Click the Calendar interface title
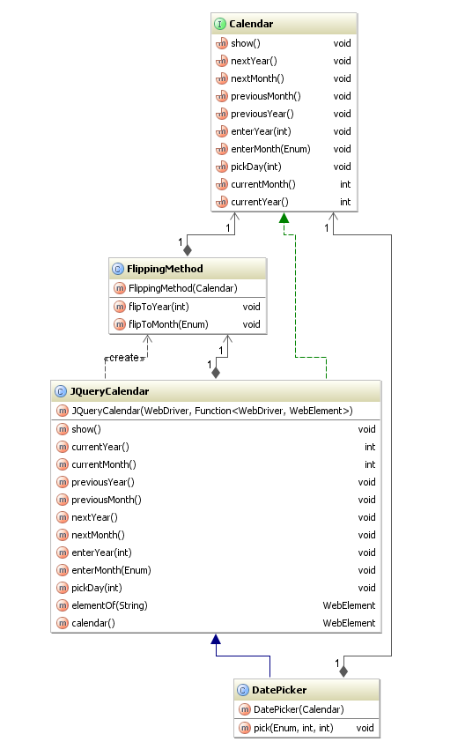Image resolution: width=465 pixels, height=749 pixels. (x=251, y=24)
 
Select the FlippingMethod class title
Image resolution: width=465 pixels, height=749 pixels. (x=166, y=269)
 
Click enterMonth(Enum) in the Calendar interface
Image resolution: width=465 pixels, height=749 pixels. (x=269, y=149)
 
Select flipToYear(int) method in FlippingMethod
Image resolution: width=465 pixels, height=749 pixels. (x=159, y=307)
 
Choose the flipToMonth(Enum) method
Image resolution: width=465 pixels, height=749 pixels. (x=168, y=324)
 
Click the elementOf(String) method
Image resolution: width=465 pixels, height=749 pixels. (x=109, y=605)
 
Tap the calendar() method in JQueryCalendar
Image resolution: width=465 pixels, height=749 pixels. (x=99, y=623)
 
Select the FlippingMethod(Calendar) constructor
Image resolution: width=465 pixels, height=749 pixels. (x=183, y=288)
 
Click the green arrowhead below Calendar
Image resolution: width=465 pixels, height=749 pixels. (x=283, y=218)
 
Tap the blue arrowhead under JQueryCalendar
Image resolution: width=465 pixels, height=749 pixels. (x=214, y=639)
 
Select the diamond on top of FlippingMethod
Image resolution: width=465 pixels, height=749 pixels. (x=188, y=250)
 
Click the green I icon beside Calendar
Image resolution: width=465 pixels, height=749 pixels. (x=220, y=24)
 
